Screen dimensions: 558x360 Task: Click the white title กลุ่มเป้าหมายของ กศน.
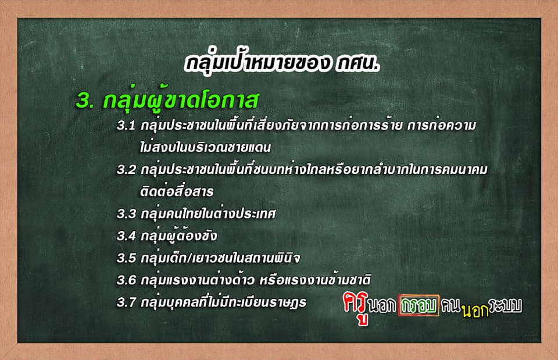[x=282, y=64]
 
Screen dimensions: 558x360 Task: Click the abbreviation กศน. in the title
[x=357, y=63]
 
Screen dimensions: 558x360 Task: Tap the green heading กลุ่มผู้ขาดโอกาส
[x=181, y=101]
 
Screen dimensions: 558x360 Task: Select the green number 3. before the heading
[x=85, y=101]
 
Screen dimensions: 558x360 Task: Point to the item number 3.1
[x=126, y=126]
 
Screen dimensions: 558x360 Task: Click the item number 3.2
[x=126, y=170]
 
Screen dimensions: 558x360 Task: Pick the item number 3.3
[x=126, y=214]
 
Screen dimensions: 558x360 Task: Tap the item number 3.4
[x=126, y=236]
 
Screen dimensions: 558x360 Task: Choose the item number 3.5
[x=126, y=258]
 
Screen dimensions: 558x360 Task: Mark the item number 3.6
[x=126, y=280]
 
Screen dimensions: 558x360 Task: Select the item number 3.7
[x=126, y=302]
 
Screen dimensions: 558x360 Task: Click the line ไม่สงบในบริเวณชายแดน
[x=205, y=147]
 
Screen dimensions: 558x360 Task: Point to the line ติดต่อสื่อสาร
[x=177, y=191]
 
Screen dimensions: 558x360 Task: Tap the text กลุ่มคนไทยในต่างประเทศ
[x=208, y=213]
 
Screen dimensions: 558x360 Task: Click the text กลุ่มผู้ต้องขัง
[x=178, y=236]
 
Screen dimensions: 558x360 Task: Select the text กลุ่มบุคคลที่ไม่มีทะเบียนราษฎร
[x=223, y=302]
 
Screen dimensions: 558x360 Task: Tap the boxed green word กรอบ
[x=419, y=305]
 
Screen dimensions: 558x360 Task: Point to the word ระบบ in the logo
[x=505, y=305]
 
